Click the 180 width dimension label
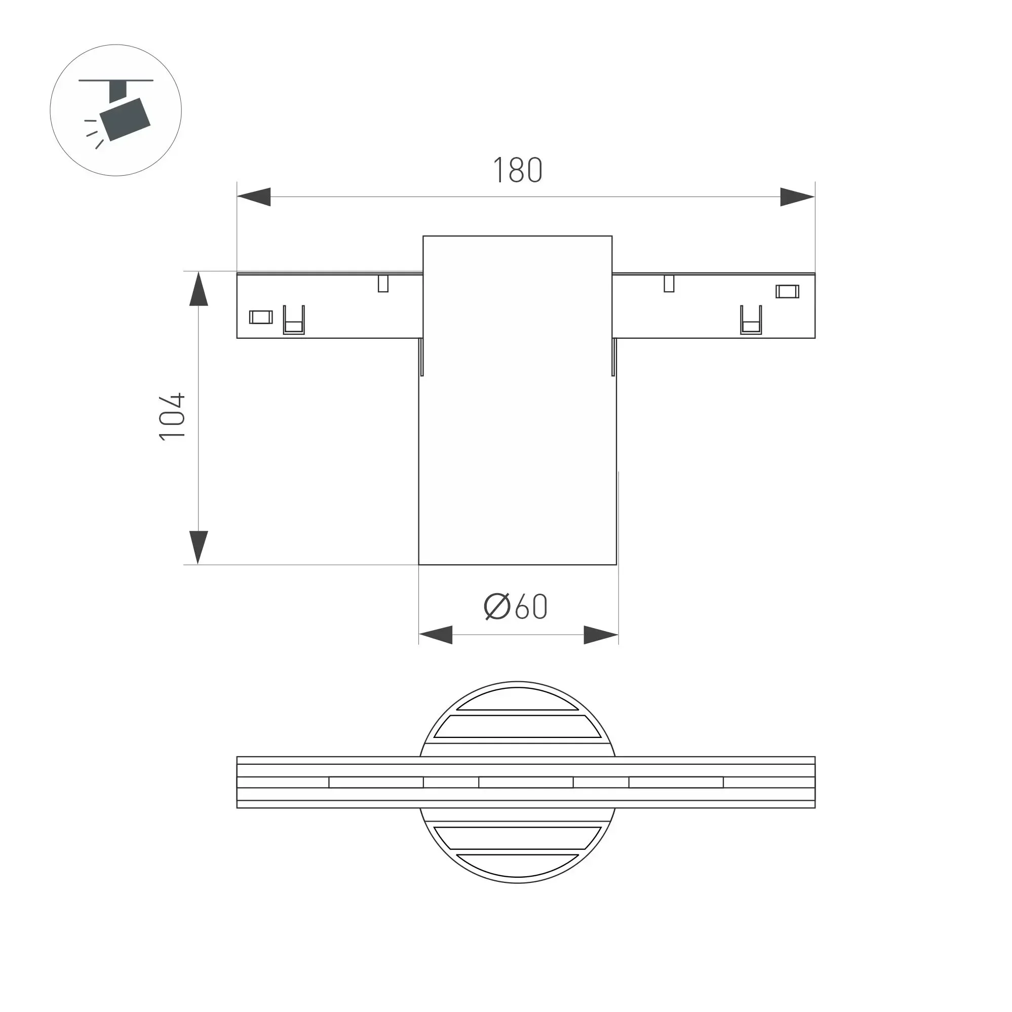pos(518,170)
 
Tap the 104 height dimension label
pos(172,416)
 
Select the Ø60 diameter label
pos(516,606)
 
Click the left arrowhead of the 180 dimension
pos(254,197)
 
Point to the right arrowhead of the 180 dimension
pos(797,197)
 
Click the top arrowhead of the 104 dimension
pos(199,289)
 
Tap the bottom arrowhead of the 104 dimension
pos(199,548)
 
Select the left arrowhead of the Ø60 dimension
pos(436,635)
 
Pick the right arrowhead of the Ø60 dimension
pos(601,635)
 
